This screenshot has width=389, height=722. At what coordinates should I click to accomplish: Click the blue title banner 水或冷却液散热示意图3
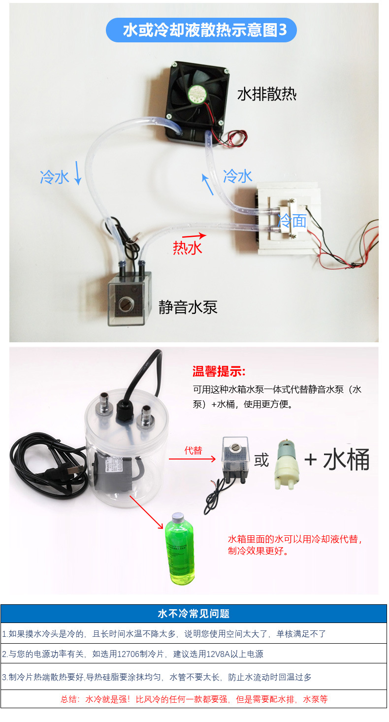pyautogui.click(x=201, y=30)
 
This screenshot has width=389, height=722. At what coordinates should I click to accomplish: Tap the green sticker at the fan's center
pyautogui.click(x=197, y=93)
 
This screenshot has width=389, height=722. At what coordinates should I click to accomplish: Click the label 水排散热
pyautogui.click(x=266, y=94)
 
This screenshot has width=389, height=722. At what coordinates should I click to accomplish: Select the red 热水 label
pyautogui.click(x=187, y=248)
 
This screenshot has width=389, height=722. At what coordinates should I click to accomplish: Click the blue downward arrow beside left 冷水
pyautogui.click(x=78, y=173)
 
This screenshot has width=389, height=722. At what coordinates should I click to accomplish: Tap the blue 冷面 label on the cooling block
pyautogui.click(x=292, y=221)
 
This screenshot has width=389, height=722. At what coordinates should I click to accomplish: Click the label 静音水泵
pyautogui.click(x=188, y=307)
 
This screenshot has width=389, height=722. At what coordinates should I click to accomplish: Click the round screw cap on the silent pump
pyautogui.click(x=125, y=304)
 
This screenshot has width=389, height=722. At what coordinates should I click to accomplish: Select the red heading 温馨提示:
pyautogui.click(x=219, y=371)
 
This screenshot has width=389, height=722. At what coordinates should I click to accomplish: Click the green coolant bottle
pyautogui.click(x=180, y=549)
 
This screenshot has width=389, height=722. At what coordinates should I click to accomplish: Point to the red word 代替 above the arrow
pyautogui.click(x=193, y=450)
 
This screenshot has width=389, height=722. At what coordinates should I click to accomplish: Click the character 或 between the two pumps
pyautogui.click(x=261, y=460)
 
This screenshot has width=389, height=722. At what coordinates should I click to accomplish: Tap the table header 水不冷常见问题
pyautogui.click(x=194, y=613)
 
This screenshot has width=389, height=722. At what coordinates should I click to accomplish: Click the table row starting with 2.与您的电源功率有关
pyautogui.click(x=194, y=654)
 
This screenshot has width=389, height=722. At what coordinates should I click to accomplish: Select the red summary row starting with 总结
pyautogui.click(x=194, y=699)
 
